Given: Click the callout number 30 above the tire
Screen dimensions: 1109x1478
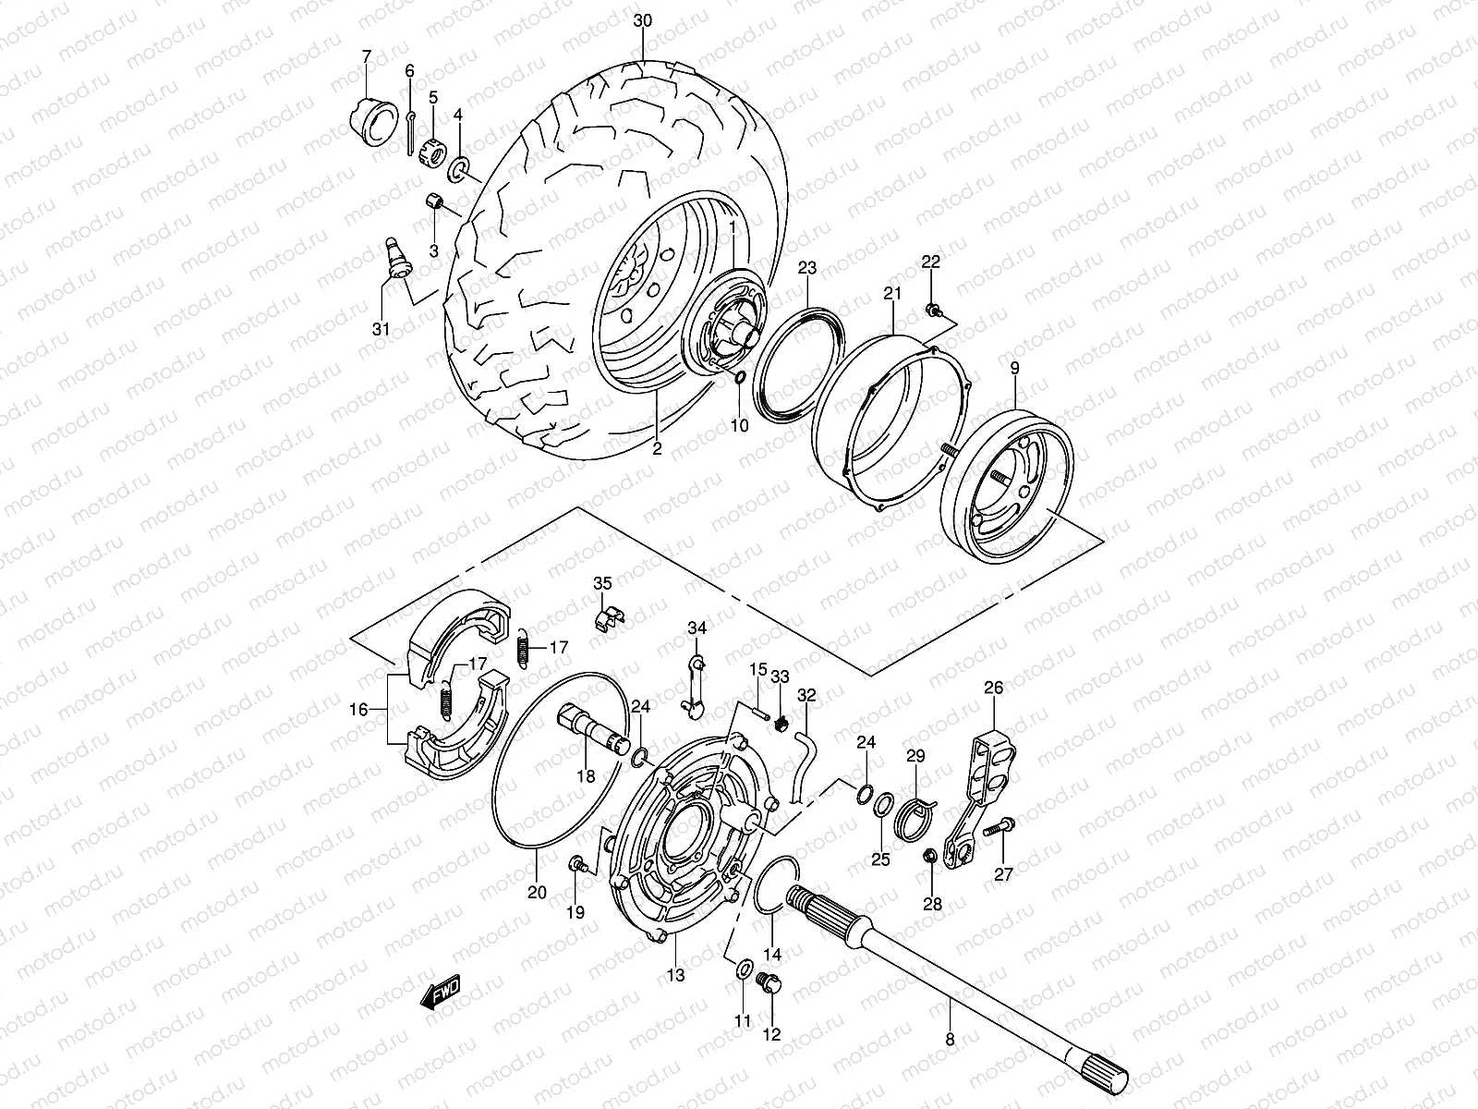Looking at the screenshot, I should tap(644, 20).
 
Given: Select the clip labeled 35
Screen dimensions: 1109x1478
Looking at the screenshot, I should tap(607, 614).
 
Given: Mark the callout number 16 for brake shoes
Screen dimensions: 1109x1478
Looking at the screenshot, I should tap(359, 709).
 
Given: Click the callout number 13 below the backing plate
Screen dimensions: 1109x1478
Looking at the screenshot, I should tap(676, 975).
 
